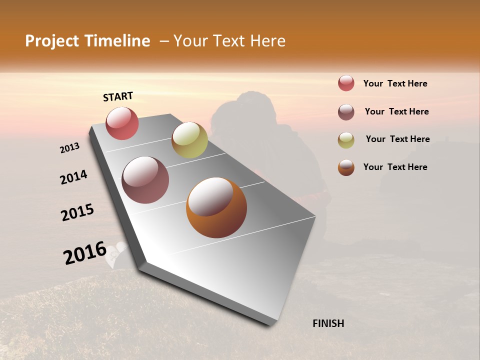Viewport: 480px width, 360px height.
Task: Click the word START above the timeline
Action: click(118, 96)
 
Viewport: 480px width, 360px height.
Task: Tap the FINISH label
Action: click(328, 323)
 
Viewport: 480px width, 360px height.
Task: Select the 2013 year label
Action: click(70, 148)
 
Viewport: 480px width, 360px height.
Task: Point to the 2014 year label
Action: click(74, 177)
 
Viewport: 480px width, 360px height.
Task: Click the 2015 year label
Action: click(77, 212)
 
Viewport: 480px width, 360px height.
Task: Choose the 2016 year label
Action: click(85, 252)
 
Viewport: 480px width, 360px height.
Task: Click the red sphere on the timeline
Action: click(122, 123)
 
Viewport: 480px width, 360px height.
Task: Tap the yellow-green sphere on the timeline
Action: click(189, 140)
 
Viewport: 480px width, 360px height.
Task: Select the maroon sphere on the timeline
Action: click(145, 180)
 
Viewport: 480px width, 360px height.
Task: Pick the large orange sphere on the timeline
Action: click(216, 207)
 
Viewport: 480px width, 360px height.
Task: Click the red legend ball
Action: click(346, 83)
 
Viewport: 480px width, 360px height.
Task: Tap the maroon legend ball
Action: click(346, 112)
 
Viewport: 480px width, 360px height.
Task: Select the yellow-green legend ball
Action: click(346, 139)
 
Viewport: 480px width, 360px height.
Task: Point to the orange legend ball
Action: click(346, 167)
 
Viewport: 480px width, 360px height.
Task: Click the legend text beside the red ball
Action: click(395, 84)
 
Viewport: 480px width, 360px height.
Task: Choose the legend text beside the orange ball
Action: click(395, 167)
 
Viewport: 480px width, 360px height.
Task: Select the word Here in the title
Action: click(267, 41)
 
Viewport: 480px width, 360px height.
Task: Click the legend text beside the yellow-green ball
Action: click(397, 139)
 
